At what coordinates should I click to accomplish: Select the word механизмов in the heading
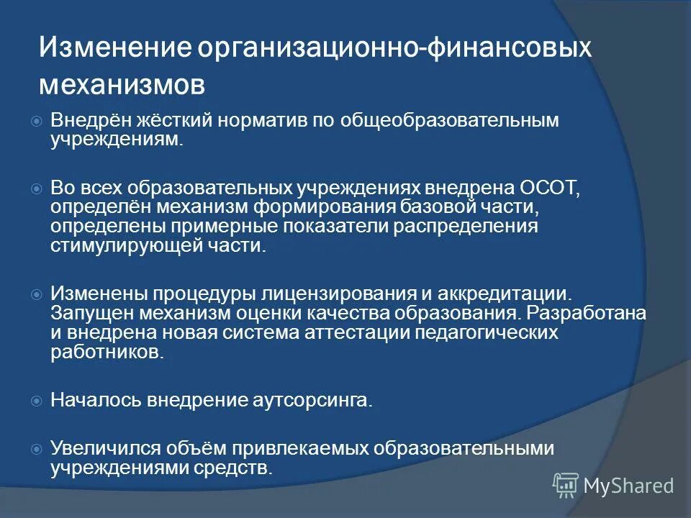(x=122, y=84)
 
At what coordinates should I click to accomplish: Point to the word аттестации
(x=371, y=333)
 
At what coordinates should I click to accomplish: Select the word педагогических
(x=494, y=333)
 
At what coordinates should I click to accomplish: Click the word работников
(x=106, y=353)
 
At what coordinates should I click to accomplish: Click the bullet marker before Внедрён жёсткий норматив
(x=37, y=120)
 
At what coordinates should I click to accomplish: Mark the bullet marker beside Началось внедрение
(x=37, y=401)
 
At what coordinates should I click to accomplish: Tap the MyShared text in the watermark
(x=628, y=486)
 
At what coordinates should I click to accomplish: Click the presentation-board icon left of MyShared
(x=566, y=485)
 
